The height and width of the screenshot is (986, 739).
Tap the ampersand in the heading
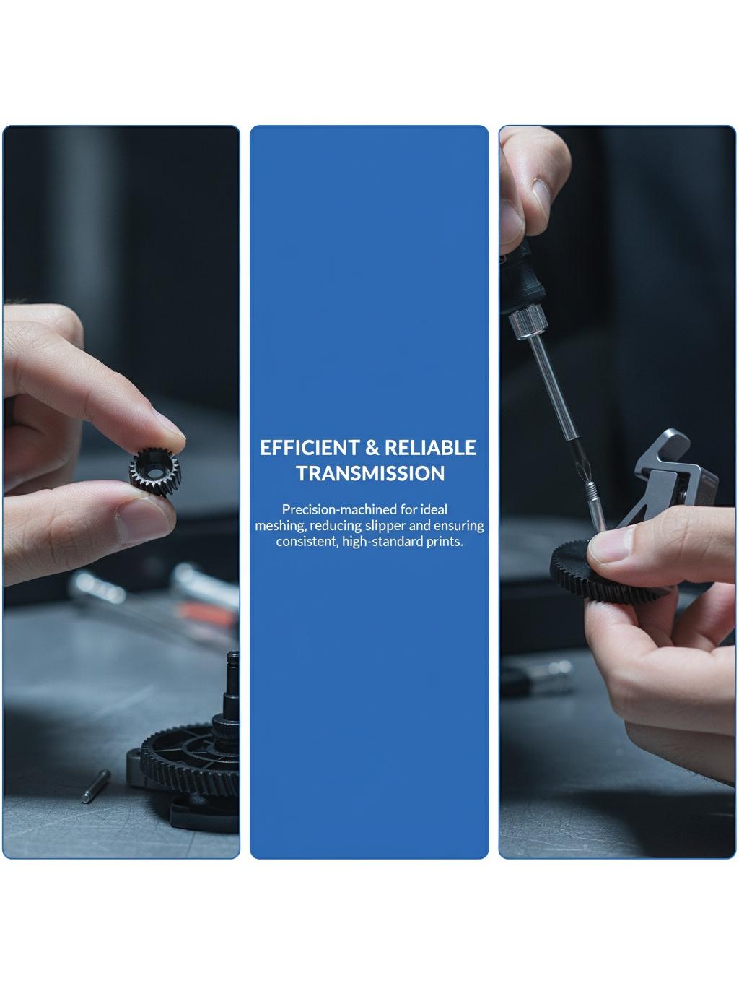point(372,448)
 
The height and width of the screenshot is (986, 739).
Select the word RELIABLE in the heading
point(430,448)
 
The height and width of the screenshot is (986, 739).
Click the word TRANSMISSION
point(370,473)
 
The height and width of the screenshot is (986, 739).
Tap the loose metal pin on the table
point(95,786)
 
